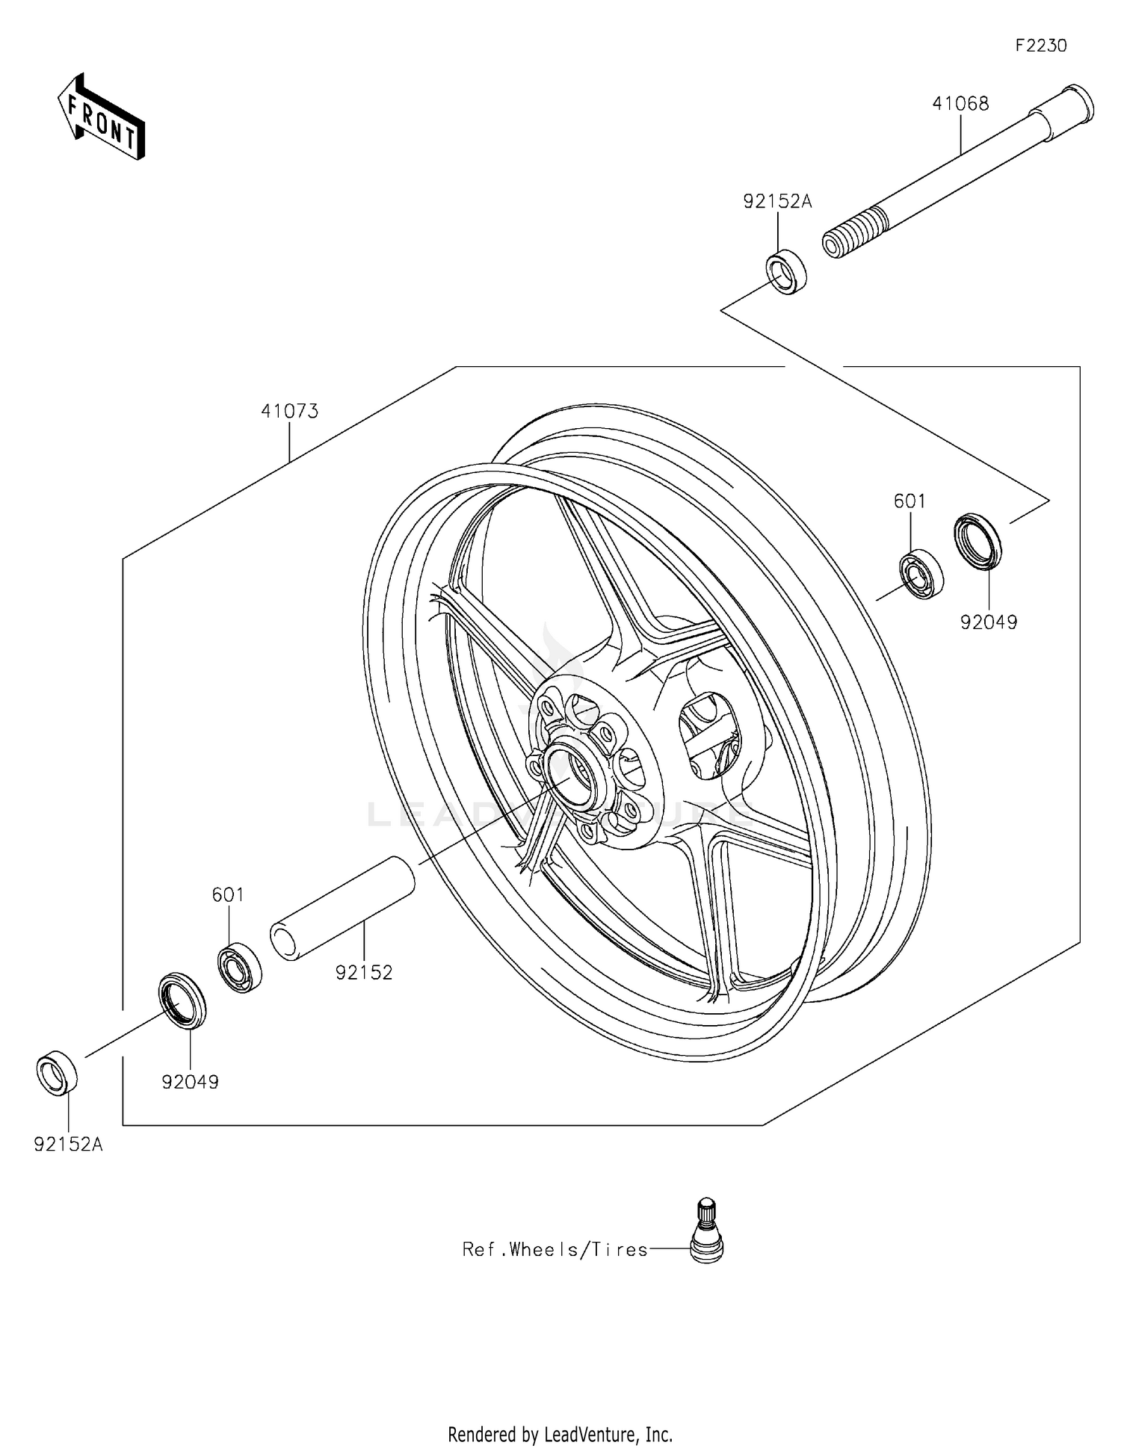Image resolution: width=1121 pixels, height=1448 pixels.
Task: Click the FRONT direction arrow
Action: [x=102, y=117]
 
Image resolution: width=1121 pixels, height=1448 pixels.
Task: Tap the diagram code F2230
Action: [x=1040, y=46]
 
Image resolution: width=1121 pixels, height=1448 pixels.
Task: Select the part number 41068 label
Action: [x=960, y=104]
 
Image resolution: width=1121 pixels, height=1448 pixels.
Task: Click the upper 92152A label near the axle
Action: [x=776, y=202]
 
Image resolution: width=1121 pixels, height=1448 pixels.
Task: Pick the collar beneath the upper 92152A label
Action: [x=787, y=272]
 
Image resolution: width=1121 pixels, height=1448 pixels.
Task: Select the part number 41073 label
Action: [x=289, y=411]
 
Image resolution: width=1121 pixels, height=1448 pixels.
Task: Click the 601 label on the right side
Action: [x=910, y=501]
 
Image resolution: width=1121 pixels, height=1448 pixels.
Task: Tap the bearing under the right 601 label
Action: [x=921, y=573]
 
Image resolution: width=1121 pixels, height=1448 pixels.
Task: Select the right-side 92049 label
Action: [x=988, y=622]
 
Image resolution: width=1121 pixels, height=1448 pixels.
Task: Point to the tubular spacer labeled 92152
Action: [x=342, y=909]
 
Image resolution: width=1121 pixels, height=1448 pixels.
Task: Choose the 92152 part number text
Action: [x=363, y=973]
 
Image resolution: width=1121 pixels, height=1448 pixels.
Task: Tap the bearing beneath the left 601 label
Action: [x=240, y=968]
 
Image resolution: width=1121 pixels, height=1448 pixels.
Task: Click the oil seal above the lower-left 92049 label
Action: [x=182, y=1000]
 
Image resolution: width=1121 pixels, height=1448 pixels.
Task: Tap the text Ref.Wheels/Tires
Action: [x=555, y=1250]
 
